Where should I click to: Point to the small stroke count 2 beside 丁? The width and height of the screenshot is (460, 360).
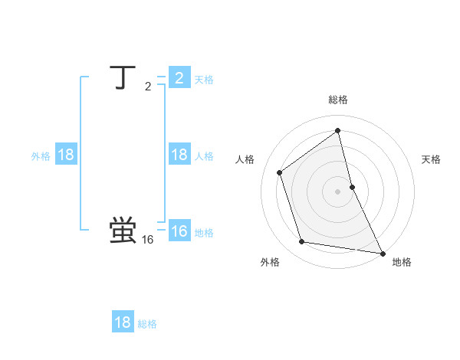(x=148, y=87)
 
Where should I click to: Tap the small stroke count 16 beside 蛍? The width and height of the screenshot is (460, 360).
(x=148, y=240)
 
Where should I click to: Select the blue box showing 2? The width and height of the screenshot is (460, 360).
(x=179, y=78)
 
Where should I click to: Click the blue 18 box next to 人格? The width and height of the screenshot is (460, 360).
(x=179, y=155)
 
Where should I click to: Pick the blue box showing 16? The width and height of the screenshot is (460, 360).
(x=179, y=231)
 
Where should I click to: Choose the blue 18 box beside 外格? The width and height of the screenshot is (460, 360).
(x=66, y=155)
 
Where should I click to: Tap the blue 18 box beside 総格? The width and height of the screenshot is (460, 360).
(x=123, y=322)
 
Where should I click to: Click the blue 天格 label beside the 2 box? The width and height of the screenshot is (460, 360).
(x=204, y=80)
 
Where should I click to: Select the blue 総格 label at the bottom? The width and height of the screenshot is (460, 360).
(x=147, y=324)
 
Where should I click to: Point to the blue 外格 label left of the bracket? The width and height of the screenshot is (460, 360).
(x=41, y=156)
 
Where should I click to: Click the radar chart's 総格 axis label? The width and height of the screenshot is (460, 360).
(x=338, y=100)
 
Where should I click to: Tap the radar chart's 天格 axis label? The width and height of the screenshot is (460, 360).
(x=432, y=159)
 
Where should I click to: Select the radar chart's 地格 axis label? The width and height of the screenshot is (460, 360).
(x=402, y=262)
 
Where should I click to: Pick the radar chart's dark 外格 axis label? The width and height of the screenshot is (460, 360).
(x=270, y=262)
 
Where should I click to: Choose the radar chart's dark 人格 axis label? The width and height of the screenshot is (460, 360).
(x=245, y=159)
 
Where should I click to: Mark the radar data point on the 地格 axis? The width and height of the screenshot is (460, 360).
(x=383, y=253)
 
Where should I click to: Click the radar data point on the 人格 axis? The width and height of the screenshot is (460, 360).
(x=280, y=172)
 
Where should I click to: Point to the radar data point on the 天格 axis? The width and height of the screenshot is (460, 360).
(x=352, y=186)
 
